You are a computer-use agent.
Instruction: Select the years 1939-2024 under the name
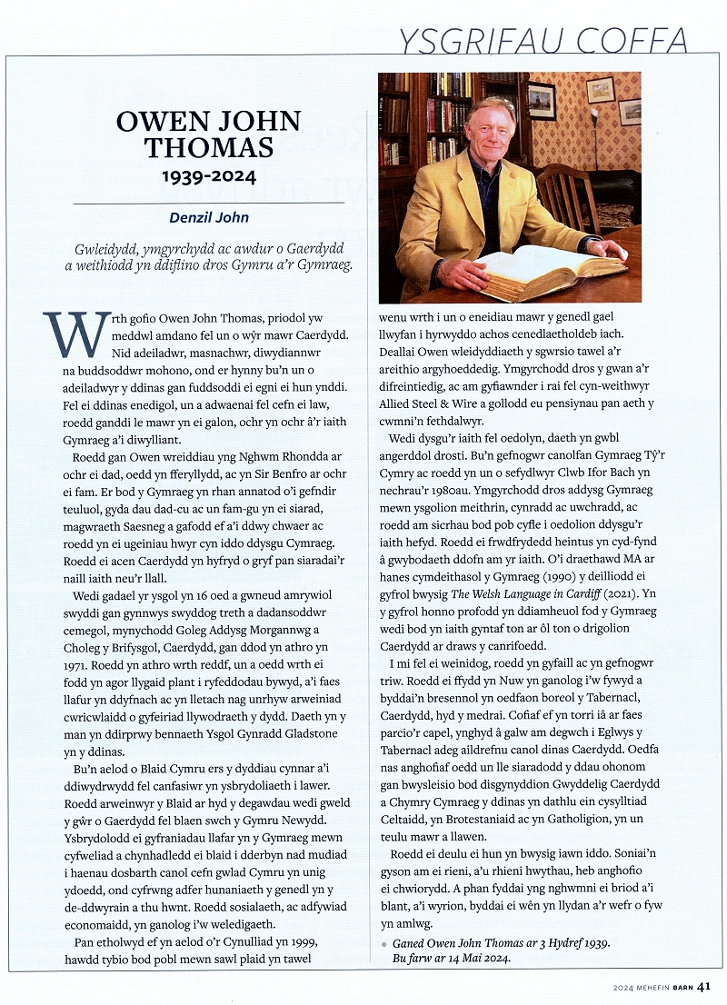tap(209, 176)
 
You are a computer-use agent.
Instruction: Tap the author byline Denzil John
tap(208, 217)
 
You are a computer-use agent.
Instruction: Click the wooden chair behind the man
tap(570, 195)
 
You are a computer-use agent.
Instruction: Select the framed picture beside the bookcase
tap(543, 100)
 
